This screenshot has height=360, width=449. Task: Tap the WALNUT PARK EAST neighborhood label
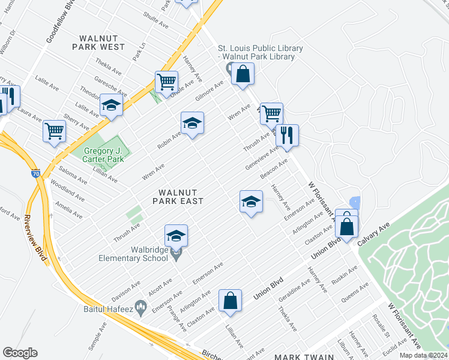point(178,196)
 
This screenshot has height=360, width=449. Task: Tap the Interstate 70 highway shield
point(36,173)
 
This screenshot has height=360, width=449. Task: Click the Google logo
point(20,353)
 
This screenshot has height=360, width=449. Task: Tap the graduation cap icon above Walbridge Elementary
point(176,235)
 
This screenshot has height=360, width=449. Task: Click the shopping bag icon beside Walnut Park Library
point(243,74)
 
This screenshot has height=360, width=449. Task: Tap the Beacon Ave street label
point(274,168)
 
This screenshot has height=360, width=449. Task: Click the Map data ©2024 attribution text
point(423,355)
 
